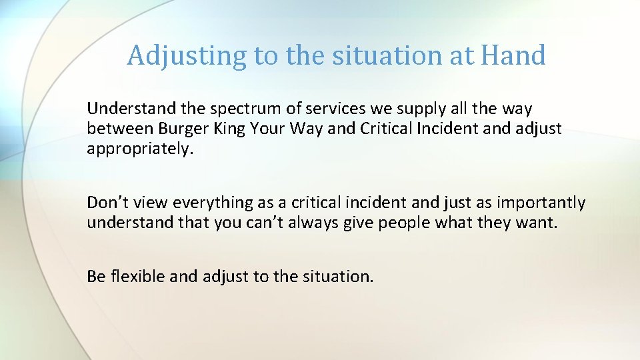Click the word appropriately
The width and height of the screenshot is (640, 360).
point(139,149)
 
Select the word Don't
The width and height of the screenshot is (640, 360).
point(104,203)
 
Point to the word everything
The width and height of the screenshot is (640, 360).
point(207,203)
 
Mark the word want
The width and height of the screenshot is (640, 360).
point(538,223)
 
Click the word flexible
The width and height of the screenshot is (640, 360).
point(138,275)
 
